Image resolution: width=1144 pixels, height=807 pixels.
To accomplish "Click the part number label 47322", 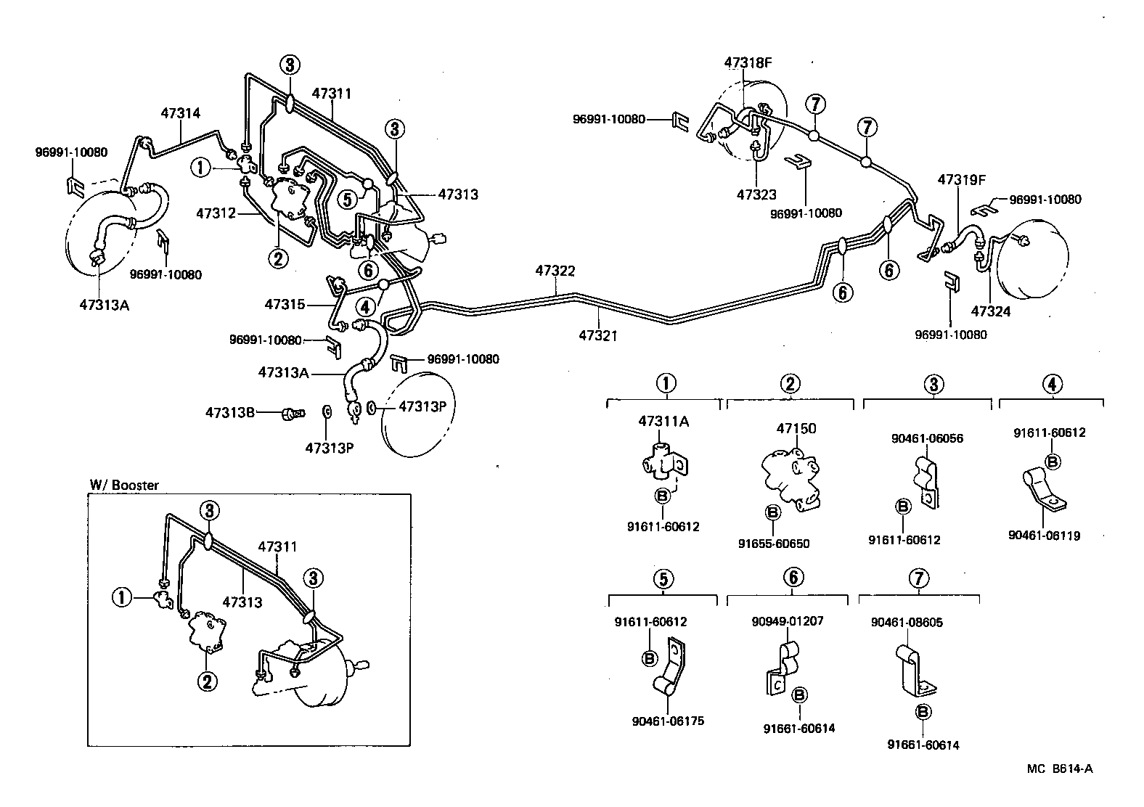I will coord(555,271).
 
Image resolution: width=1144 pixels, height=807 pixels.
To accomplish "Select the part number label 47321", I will coord(598,335).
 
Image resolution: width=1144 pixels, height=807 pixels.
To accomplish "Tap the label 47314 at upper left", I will coord(181,113).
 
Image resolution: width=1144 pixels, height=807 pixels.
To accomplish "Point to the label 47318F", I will coord(748,62).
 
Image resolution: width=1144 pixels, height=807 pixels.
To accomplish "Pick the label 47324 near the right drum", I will coord(991,312).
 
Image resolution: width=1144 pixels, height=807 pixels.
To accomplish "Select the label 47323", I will coord(756,194).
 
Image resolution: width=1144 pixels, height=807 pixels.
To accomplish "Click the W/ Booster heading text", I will coord(123,485).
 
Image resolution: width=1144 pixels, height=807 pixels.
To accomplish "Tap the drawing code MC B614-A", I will coord(1059,769).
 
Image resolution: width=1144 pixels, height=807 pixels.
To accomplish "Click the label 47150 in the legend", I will coord(796,428).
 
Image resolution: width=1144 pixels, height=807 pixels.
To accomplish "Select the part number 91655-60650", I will coord(774,544).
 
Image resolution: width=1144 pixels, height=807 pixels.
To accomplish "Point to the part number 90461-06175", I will coord(668,721).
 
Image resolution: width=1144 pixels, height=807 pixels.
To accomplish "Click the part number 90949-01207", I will coord(788,621).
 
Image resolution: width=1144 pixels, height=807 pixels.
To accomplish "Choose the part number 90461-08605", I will coord(907,622).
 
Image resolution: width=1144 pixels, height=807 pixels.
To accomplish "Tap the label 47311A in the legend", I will coord(664,421).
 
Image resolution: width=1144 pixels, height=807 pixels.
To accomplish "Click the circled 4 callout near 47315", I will coord(365,306).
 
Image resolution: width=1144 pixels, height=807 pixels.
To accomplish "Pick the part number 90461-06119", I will coord(1044,536).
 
